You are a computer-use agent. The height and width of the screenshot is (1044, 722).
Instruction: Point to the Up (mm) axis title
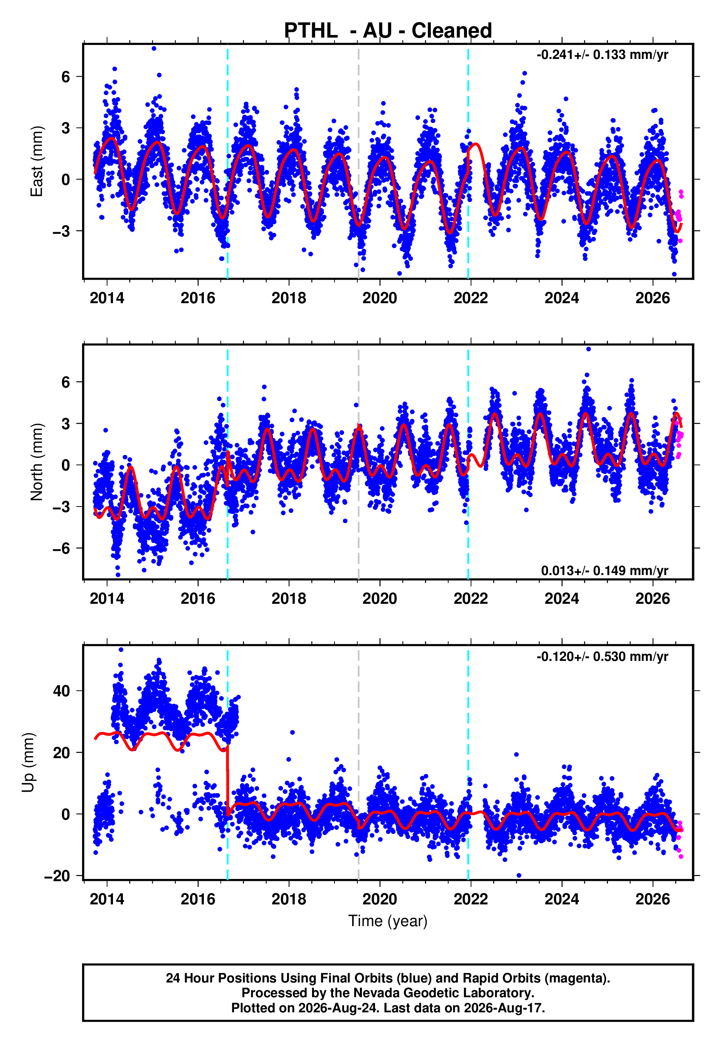pos(28,763)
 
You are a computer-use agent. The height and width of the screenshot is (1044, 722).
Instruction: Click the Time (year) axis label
pos(388,921)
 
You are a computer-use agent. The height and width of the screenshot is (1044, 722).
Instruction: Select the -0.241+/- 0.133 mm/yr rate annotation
pos(602,55)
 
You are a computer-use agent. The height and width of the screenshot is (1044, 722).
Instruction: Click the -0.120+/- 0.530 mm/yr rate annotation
pos(602,656)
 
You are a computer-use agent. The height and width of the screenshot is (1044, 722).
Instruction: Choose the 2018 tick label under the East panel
pos(289,298)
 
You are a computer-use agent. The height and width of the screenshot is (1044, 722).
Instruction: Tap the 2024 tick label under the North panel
pos(562,599)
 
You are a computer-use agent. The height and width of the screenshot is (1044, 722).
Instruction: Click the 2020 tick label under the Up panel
pos(379,899)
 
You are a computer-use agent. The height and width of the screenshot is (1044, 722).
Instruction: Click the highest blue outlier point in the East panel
pos(154,48)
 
